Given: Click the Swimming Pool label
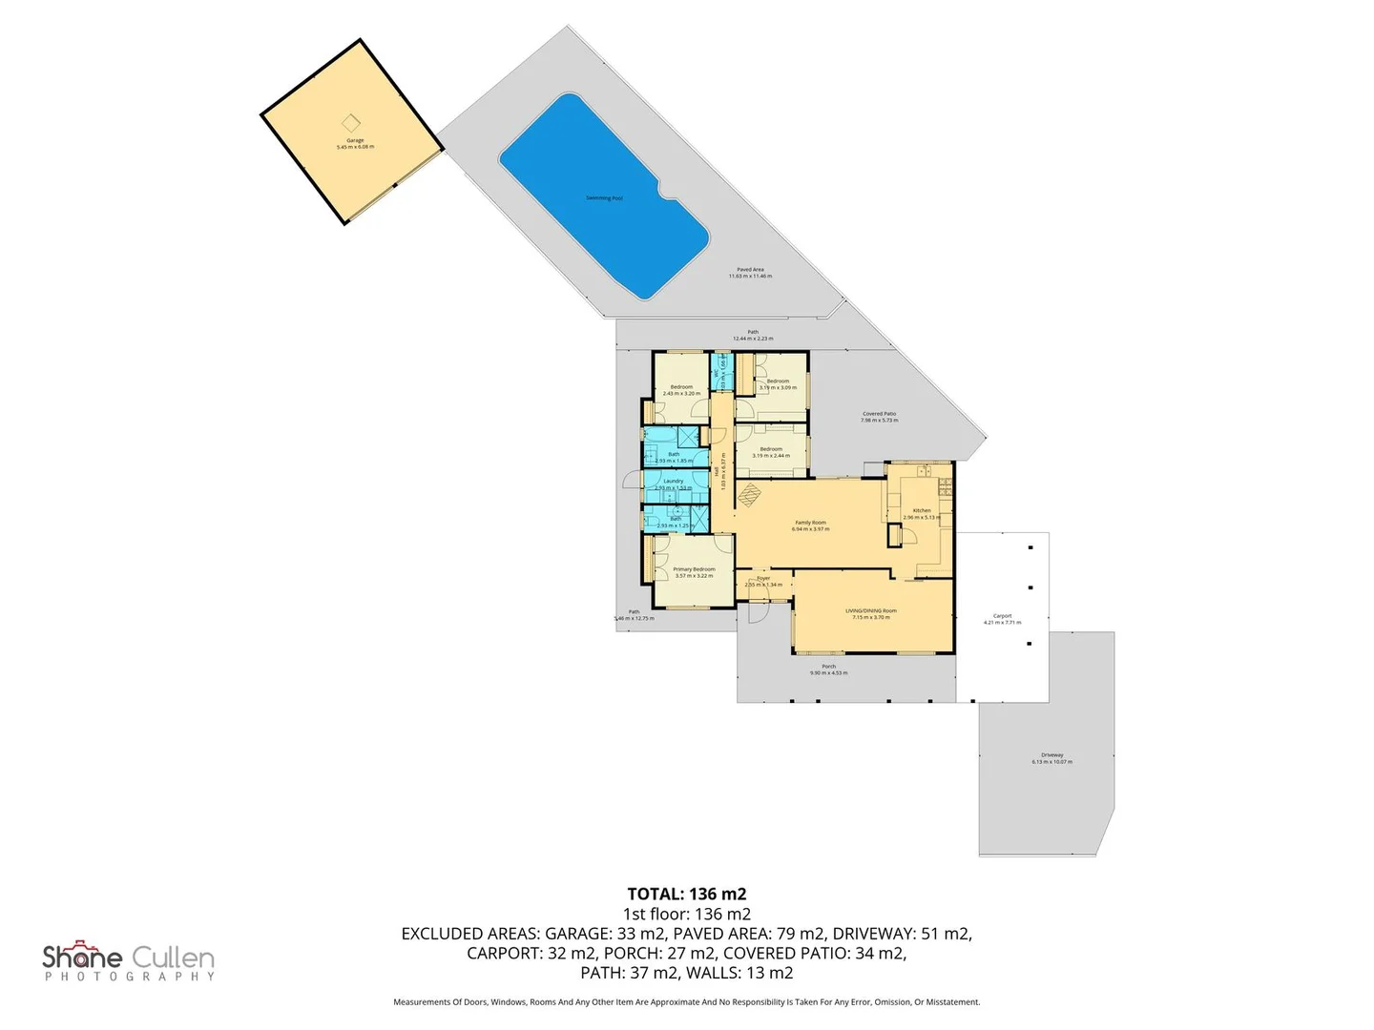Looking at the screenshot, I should pos(604,198).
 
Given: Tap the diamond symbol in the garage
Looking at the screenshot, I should pos(351,123).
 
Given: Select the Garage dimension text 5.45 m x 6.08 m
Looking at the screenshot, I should pos(355,147).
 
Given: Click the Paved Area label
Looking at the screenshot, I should pos(750,270).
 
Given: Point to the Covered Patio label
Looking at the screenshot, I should pos(879,414).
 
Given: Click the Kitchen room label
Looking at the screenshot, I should pos(922,510).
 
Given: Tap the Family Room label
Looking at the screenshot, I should pos(810,523).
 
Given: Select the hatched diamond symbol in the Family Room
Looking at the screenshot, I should pos(750,494).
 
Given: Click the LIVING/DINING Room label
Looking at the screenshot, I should pos(870,610).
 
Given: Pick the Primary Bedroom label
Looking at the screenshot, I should pos(694,569).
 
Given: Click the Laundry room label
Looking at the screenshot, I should pos(674,481).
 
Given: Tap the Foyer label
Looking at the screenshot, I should pos(763,578).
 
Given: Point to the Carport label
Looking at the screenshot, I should pos(1002,616).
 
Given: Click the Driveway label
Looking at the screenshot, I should pos(1051,755).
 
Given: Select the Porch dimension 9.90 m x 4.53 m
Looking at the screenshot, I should pos(828,673).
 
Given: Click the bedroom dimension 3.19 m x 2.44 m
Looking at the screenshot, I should pos(771,456).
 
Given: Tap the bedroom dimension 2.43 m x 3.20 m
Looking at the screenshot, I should pos(681,394).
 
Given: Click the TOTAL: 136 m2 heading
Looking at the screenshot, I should pos(687,894).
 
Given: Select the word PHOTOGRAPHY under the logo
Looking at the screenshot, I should pos(130,977).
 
